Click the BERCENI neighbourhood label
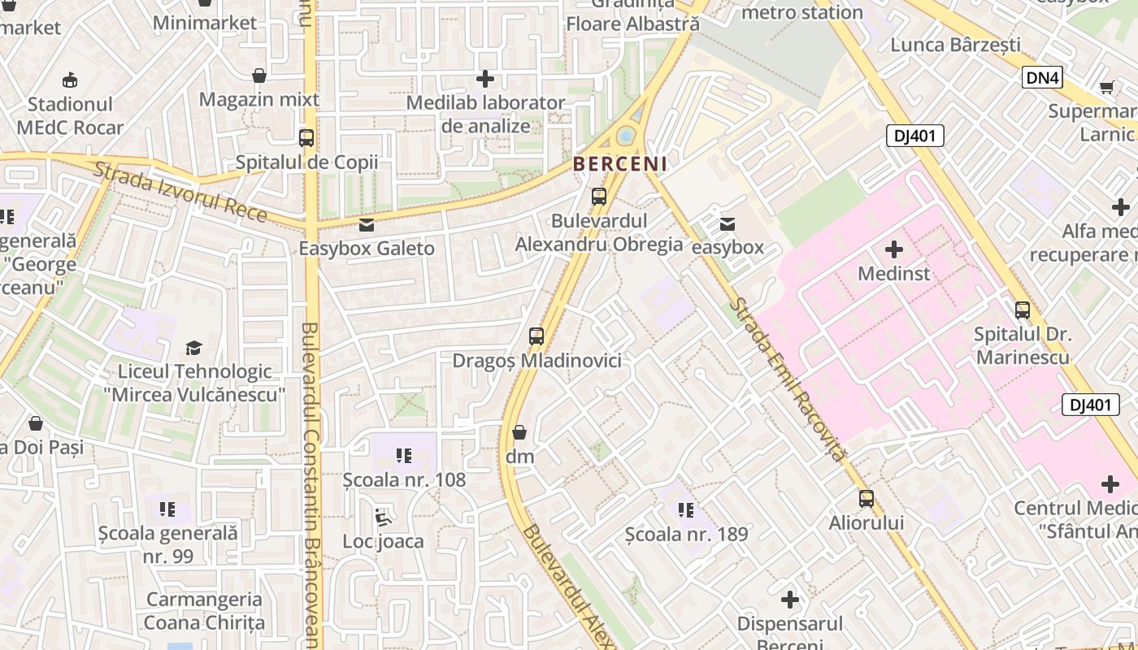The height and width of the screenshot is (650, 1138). [620, 163]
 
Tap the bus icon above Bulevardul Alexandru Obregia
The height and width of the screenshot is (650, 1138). [599, 196]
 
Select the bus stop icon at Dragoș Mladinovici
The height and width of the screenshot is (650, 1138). [536, 336]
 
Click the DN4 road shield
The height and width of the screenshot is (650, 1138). [1042, 77]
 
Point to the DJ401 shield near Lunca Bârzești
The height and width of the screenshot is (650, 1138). [914, 136]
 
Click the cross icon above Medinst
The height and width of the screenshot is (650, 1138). [894, 249]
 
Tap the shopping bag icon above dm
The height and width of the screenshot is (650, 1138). [519, 432]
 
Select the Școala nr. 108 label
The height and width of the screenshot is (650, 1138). [404, 479]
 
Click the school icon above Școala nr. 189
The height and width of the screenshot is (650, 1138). [686, 510]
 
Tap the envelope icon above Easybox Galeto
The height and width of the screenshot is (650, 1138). [367, 224]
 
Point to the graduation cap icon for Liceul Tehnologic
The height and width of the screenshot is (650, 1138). [193, 348]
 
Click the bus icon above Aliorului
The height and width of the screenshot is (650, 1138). [867, 498]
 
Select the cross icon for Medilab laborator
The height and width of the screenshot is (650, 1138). [485, 79]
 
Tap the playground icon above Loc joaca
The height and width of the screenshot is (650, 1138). [383, 517]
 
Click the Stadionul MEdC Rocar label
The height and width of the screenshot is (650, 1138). [70, 116]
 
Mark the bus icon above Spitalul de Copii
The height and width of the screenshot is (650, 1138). [306, 138]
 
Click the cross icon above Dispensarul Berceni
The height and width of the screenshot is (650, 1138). [789, 600]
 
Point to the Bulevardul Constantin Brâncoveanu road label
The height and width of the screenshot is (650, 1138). [310, 479]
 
